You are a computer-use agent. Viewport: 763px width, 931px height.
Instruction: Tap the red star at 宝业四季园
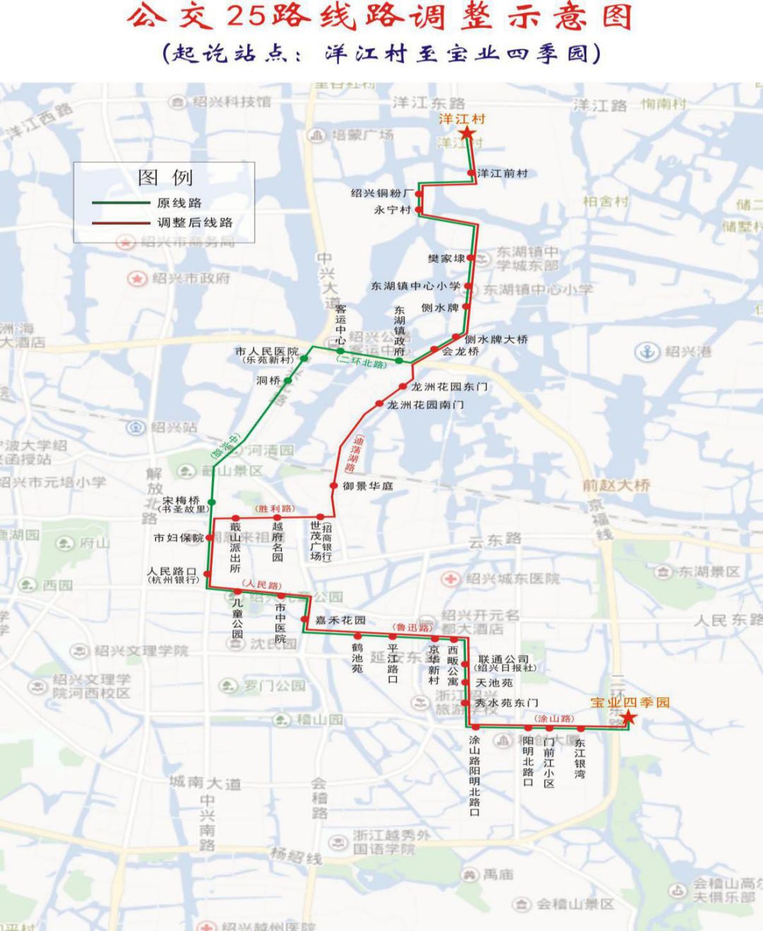[627, 719]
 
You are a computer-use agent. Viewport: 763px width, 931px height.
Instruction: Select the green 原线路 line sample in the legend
[119, 204]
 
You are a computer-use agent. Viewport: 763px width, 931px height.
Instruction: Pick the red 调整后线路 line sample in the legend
[119, 223]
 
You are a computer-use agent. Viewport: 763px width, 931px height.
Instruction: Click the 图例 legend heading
[165, 177]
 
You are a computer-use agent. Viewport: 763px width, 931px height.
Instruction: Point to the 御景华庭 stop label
[367, 486]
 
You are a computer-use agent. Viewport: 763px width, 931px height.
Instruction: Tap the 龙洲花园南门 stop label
[425, 405]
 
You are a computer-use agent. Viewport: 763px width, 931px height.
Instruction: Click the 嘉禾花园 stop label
[341, 620]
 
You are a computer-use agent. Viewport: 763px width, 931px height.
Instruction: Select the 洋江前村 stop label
[502, 173]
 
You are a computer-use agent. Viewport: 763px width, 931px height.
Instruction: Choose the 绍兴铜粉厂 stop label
[382, 193]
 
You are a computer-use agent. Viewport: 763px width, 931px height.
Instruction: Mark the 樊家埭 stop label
[446, 259]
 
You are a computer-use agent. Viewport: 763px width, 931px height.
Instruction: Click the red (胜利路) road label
[275, 508]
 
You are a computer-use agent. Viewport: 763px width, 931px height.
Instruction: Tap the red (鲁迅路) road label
[412, 627]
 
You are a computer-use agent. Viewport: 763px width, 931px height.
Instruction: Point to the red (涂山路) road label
[554, 718]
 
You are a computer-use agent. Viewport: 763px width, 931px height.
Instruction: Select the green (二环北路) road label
[362, 364]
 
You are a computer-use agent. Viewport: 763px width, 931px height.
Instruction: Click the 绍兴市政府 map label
[191, 279]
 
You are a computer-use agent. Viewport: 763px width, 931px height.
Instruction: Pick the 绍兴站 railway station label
[174, 427]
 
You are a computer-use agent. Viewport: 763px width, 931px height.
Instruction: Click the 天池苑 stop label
[494, 683]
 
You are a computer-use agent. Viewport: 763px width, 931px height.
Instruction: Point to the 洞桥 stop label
[268, 380]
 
